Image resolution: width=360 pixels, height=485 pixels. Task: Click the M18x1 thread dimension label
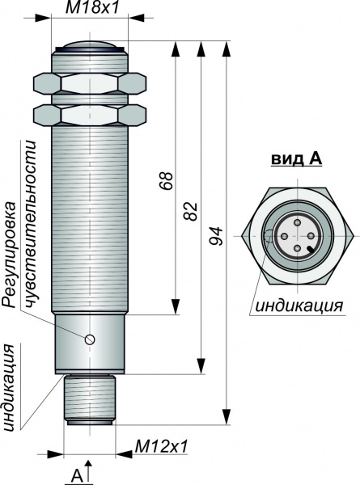coord(92,7)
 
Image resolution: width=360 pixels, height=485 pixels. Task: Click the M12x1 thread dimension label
coord(162,446)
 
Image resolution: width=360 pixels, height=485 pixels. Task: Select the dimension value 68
coord(166,180)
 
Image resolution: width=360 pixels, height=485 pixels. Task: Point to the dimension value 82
coord(191,211)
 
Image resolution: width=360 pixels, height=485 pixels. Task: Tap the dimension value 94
coord(215,236)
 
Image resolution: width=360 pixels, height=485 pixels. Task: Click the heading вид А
coord(297,159)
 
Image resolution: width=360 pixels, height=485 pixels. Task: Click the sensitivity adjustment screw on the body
coord(90,339)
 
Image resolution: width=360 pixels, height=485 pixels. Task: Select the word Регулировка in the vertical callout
coord(9,255)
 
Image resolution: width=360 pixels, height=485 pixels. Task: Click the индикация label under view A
coord(299,306)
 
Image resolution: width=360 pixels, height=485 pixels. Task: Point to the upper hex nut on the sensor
coord(90,83)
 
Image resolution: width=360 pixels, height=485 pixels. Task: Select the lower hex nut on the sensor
coord(90,115)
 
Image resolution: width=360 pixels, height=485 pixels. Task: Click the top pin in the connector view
coord(298,222)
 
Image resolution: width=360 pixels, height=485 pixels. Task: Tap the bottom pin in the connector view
coord(298,248)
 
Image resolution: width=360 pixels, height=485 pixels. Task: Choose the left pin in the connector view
coord(285,236)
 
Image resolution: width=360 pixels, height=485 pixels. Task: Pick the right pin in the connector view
coord(310,236)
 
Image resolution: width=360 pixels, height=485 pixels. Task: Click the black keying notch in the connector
coord(311,250)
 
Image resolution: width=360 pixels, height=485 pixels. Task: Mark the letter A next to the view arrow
coord(77,475)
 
